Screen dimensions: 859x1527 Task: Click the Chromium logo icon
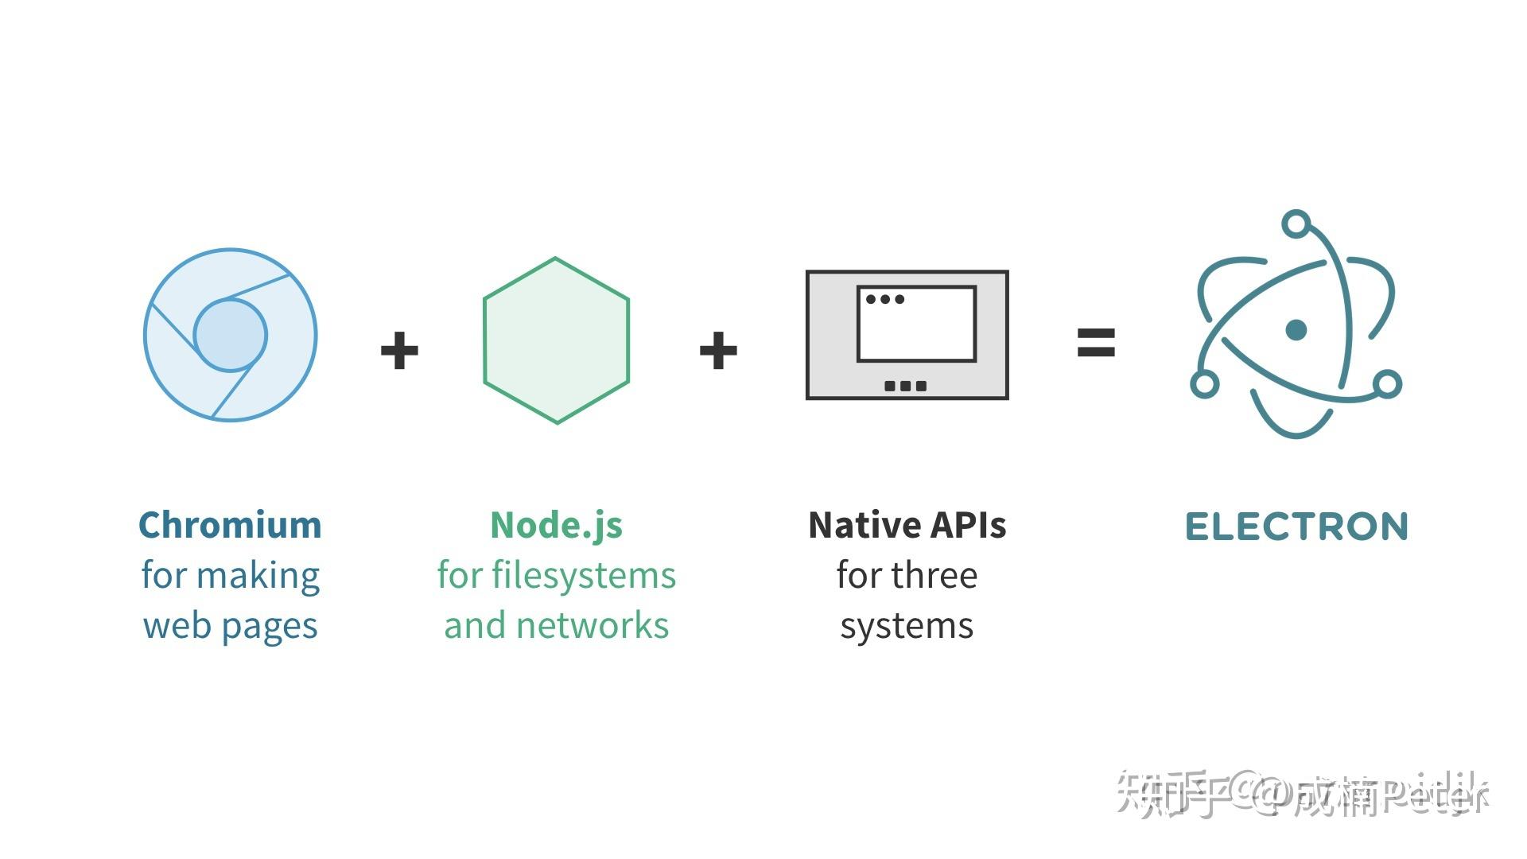(x=230, y=335)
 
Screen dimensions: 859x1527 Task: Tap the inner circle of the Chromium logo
(x=230, y=335)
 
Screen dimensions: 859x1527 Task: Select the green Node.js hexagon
(x=556, y=340)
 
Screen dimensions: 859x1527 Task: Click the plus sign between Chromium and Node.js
(x=399, y=351)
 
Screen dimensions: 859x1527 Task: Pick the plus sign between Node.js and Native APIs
(x=718, y=351)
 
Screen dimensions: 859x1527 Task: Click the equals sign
(x=1096, y=343)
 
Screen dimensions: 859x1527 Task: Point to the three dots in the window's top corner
(x=885, y=300)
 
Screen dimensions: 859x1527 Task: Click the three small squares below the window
(x=906, y=386)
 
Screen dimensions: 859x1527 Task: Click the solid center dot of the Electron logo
(x=1296, y=329)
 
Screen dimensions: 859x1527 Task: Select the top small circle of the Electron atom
(x=1296, y=223)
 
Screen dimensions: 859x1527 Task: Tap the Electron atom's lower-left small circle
(x=1204, y=384)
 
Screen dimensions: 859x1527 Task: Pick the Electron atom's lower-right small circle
(x=1387, y=384)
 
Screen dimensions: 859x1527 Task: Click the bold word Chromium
(x=230, y=525)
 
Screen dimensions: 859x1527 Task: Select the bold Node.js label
(x=556, y=525)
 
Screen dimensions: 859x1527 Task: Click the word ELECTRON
(x=1296, y=527)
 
